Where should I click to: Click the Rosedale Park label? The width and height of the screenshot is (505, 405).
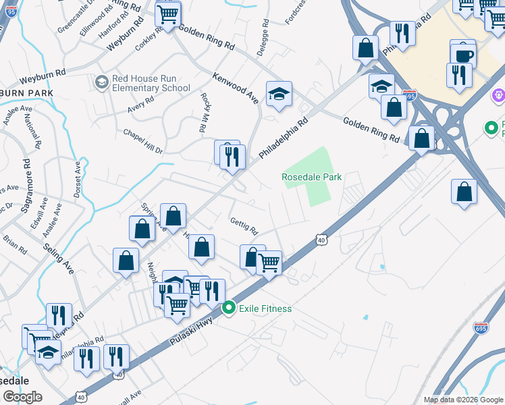pyautogui.click(x=311, y=177)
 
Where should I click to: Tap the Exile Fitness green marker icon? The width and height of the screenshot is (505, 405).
pyautogui.click(x=229, y=308)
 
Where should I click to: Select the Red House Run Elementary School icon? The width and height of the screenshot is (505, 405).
pyautogui.click(x=102, y=82)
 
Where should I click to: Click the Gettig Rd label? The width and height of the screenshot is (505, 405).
pyautogui.click(x=244, y=226)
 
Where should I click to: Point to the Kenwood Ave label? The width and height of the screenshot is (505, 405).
pyautogui.click(x=236, y=87)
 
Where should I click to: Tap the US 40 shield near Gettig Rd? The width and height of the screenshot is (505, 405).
pyautogui.click(x=321, y=240)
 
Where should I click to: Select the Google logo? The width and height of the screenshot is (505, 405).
pyautogui.click(x=22, y=397)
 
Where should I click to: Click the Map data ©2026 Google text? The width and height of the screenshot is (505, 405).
pyautogui.click(x=462, y=400)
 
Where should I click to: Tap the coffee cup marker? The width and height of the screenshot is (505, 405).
pyautogui.click(x=463, y=55)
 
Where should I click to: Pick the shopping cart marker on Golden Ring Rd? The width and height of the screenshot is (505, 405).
pyautogui.click(x=167, y=13)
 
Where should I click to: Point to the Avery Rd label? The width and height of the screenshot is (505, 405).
pyautogui.click(x=141, y=105)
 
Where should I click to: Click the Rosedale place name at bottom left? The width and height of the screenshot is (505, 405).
pyautogui.click(x=14, y=380)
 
